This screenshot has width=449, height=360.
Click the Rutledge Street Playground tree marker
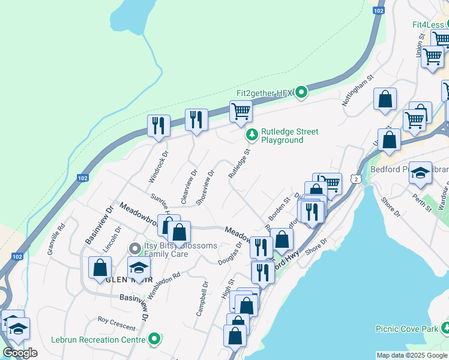pos(253,136)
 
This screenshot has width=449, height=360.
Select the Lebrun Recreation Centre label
pos(98,340)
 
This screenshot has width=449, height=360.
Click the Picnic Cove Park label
pos(406,329)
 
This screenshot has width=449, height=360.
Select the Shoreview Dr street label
pos(204,187)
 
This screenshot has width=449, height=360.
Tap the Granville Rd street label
pos(58,237)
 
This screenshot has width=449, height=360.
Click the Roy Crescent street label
pos(116,323)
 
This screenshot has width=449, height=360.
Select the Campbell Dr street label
pos(202,299)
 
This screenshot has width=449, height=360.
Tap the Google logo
pos(20,353)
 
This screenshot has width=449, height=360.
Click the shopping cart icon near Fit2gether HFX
pos(240,110)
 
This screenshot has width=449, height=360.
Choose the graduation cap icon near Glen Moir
pos(139,268)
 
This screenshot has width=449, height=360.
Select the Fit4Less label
pos(427,25)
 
